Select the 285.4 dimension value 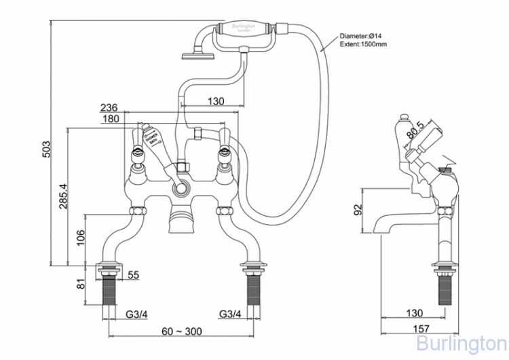64,197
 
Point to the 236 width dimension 109,108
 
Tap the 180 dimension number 109,120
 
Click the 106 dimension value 80,238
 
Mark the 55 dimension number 133,274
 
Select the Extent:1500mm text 364,45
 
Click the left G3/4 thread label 138,314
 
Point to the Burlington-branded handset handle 245,30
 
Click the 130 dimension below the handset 214,101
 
